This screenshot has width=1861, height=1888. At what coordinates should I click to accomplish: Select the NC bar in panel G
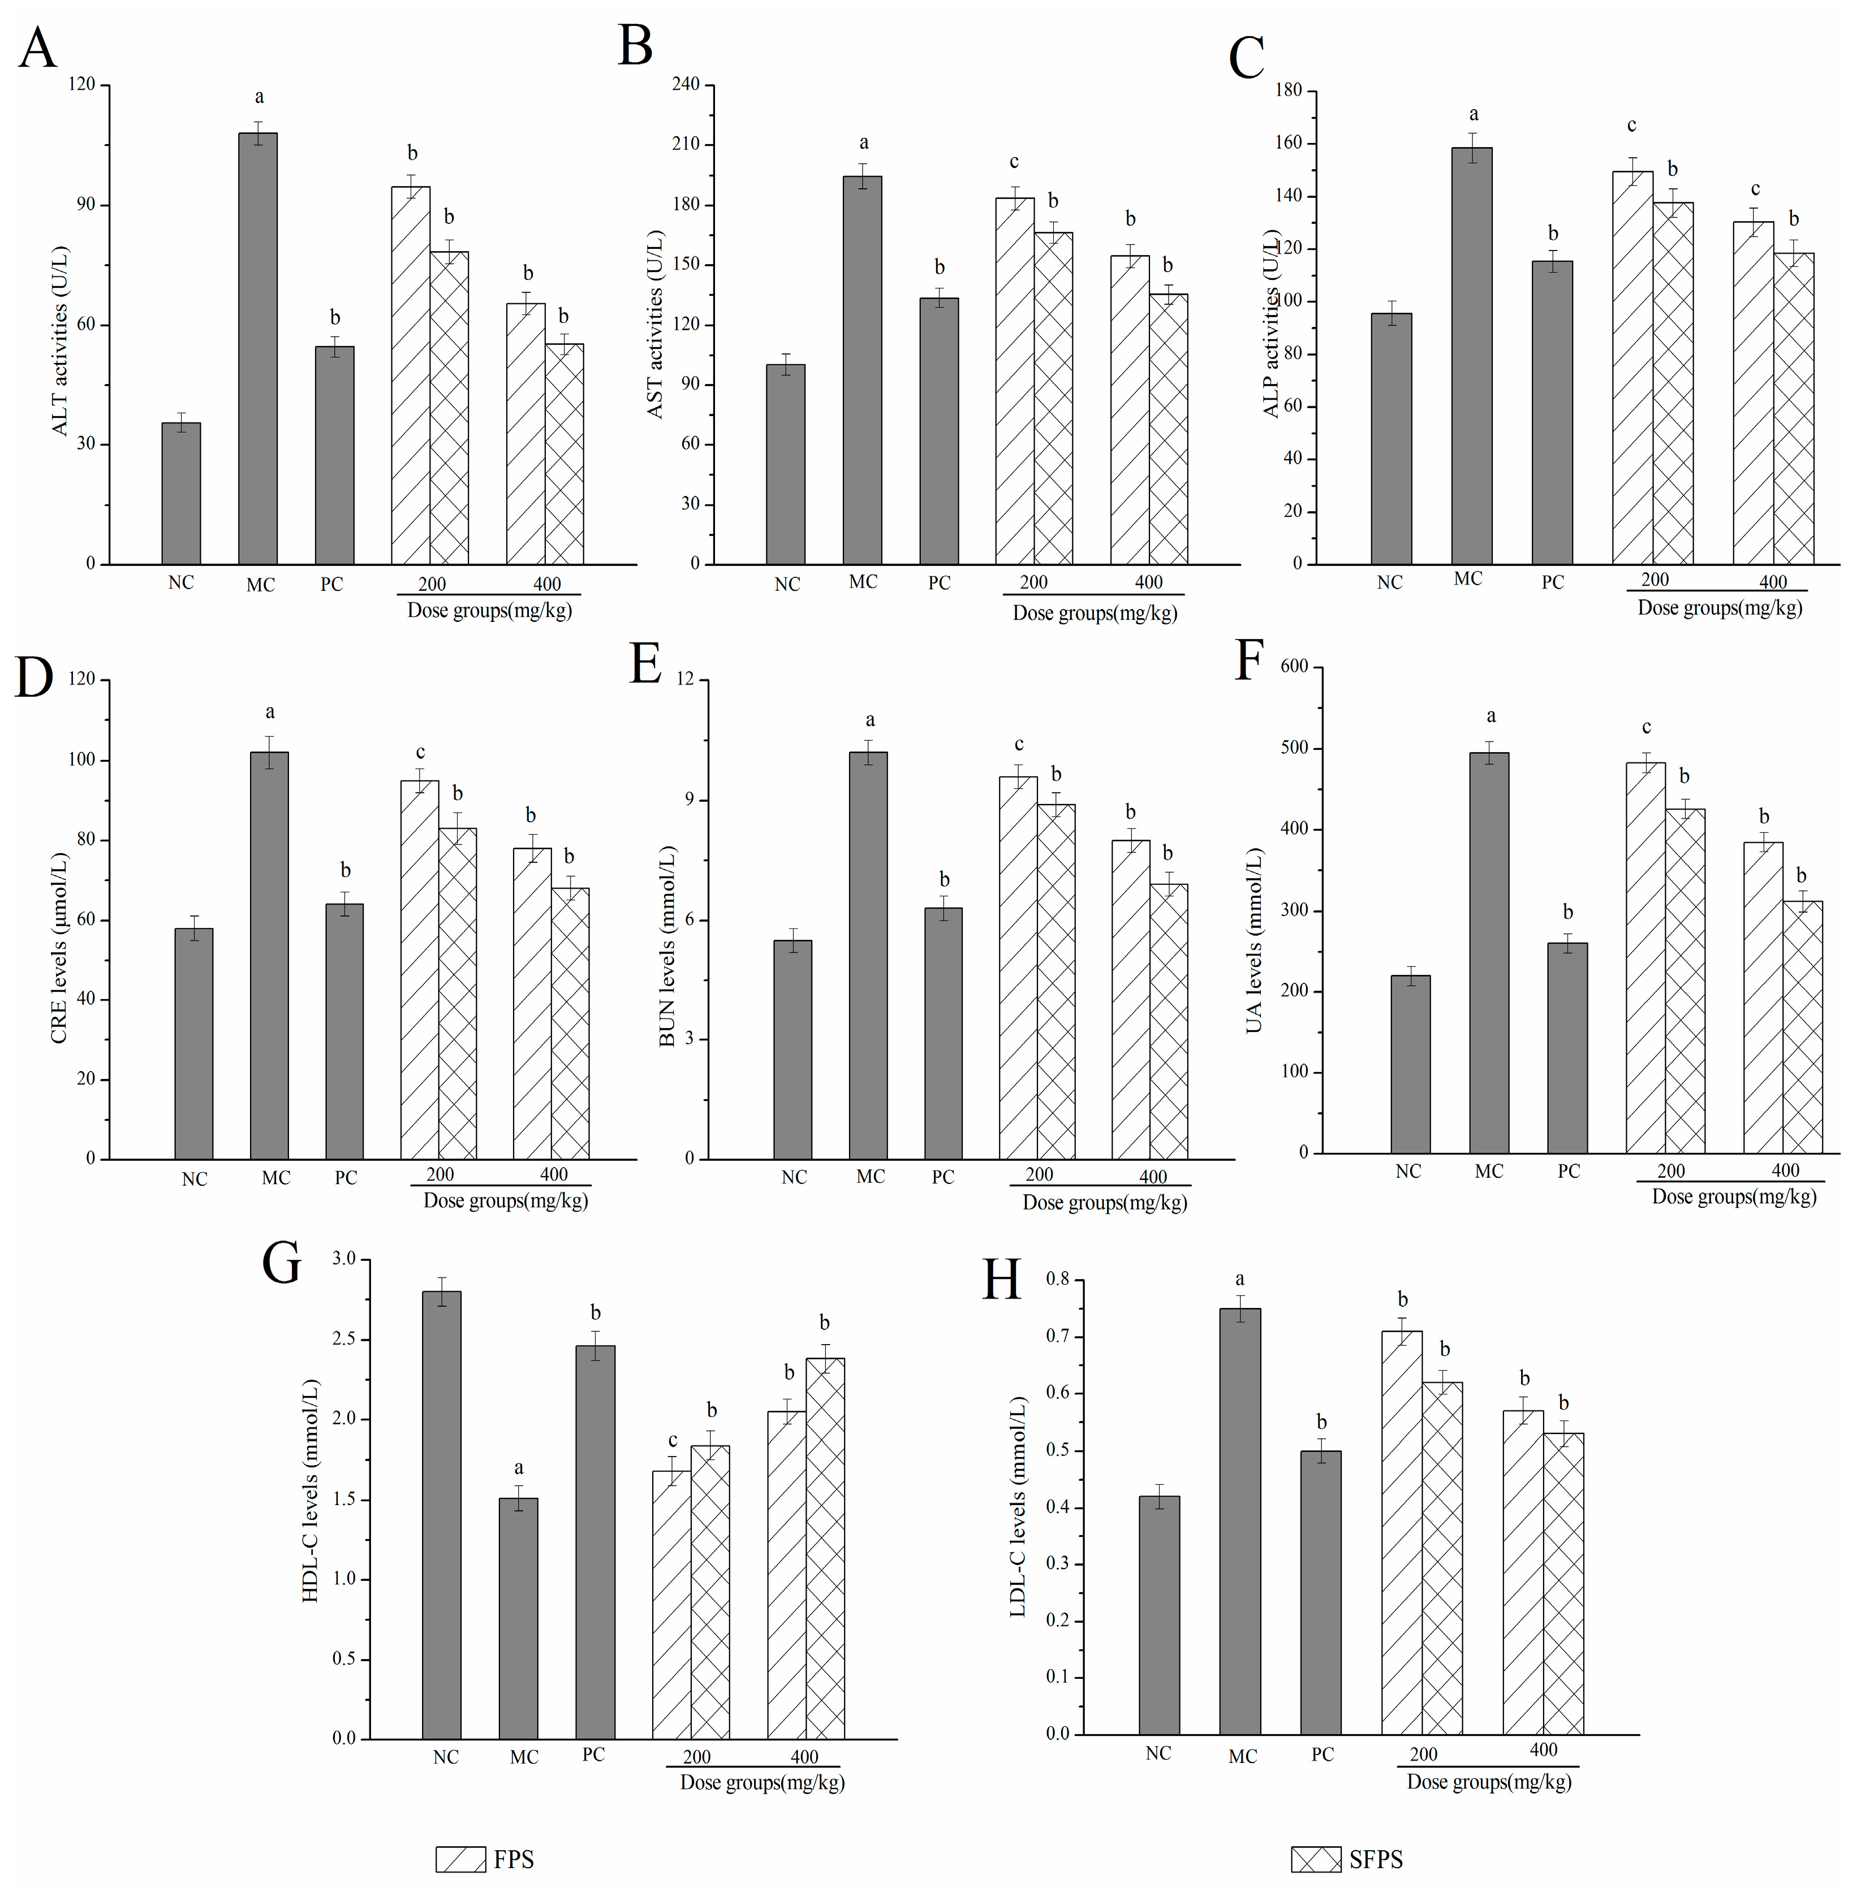(x=442, y=1515)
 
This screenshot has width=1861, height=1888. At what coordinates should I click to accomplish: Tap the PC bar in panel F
(x=1568, y=1048)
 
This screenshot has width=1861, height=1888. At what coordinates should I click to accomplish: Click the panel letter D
(x=34, y=677)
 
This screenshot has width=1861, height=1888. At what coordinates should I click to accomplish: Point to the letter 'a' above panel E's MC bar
(x=870, y=721)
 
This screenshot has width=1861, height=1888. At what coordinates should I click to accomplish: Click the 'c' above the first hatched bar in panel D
(x=420, y=753)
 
